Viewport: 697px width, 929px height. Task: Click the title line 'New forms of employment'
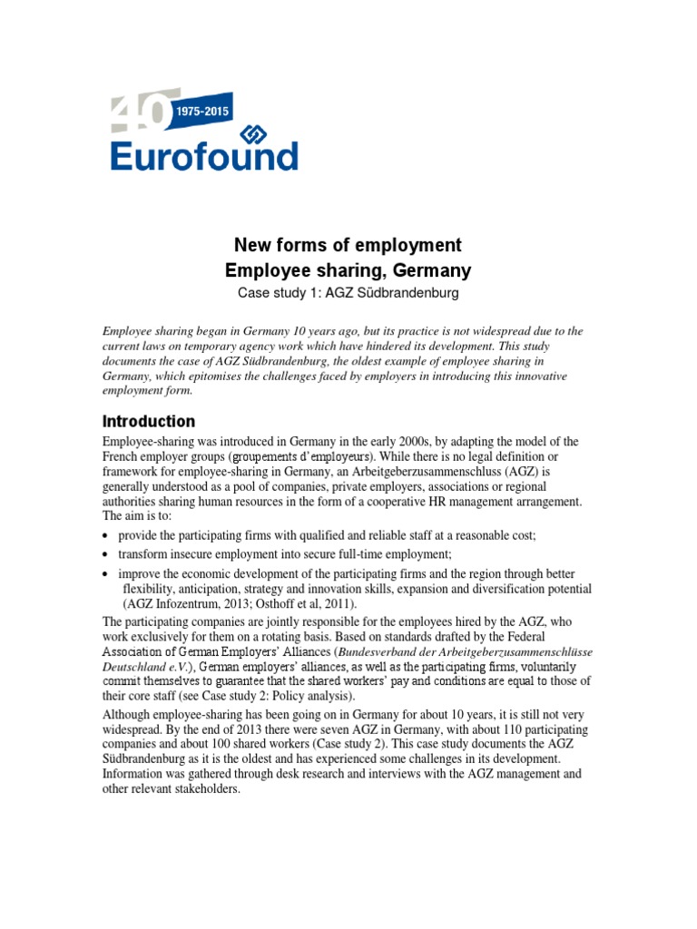(x=348, y=245)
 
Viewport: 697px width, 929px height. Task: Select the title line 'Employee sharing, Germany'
(x=348, y=270)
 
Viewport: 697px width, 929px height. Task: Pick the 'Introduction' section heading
(x=148, y=421)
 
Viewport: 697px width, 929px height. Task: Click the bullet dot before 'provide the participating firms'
(x=107, y=536)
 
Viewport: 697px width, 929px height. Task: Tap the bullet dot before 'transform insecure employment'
(x=107, y=554)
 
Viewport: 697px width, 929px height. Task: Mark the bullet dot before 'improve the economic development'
(x=107, y=575)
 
